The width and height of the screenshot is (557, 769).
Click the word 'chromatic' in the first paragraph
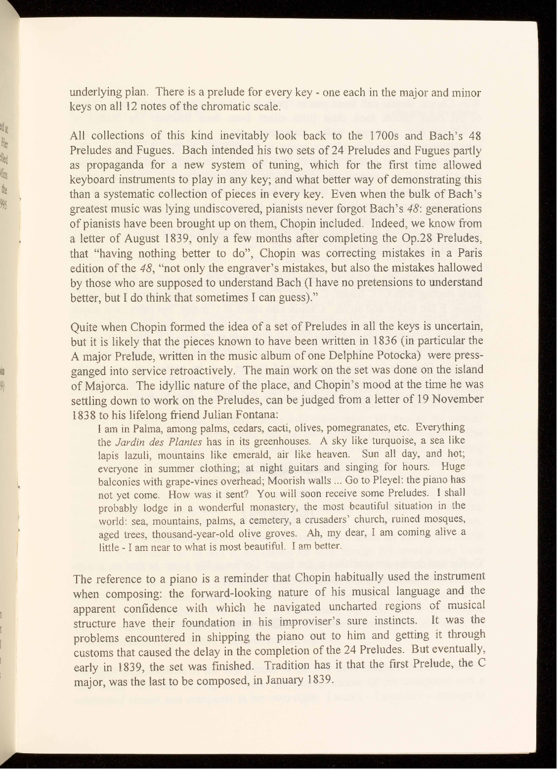coord(226,106)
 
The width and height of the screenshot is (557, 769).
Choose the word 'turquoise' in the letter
coord(385,441)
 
